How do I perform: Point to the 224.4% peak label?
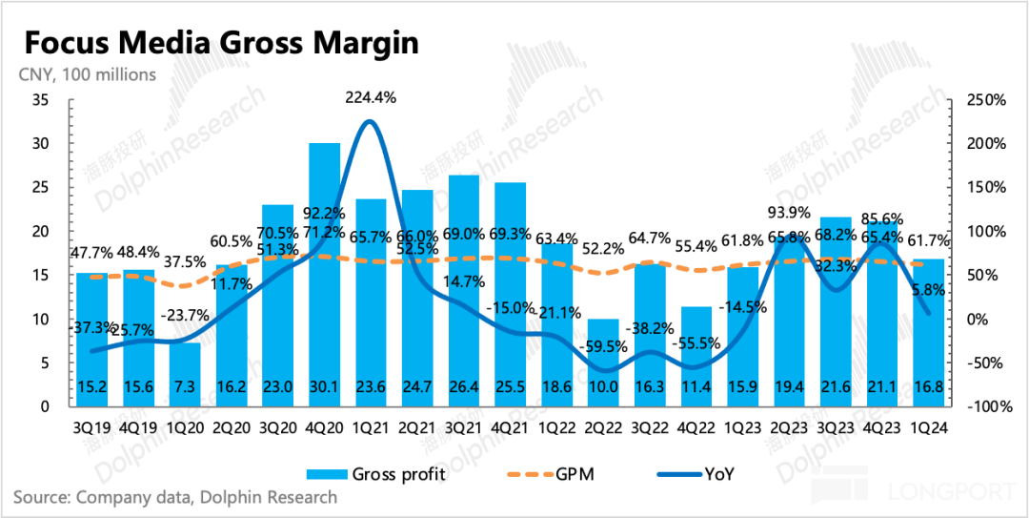pyautogui.click(x=370, y=96)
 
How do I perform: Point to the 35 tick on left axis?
pyautogui.click(x=42, y=100)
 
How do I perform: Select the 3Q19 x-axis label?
pyautogui.click(x=92, y=428)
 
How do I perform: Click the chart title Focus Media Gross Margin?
pyautogui.click(x=221, y=44)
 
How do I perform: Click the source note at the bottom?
pyautogui.click(x=175, y=497)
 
